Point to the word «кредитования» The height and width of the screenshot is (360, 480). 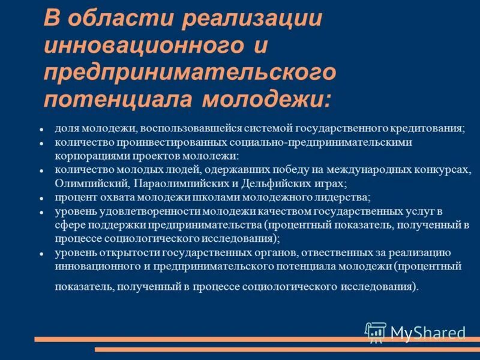[428, 129]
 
